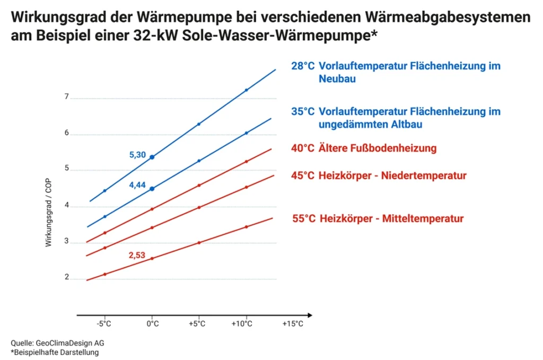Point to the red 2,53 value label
[x=137, y=256]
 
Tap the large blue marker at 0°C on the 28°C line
[x=152, y=157]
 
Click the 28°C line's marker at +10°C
[x=247, y=90]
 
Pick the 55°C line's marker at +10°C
[x=247, y=227]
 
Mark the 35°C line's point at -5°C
[x=105, y=216]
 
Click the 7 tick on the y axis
[x=67, y=97]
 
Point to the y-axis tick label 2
[x=67, y=277]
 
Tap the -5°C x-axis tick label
[x=105, y=323]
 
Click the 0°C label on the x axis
[x=152, y=323]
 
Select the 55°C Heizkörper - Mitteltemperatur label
[x=378, y=218]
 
